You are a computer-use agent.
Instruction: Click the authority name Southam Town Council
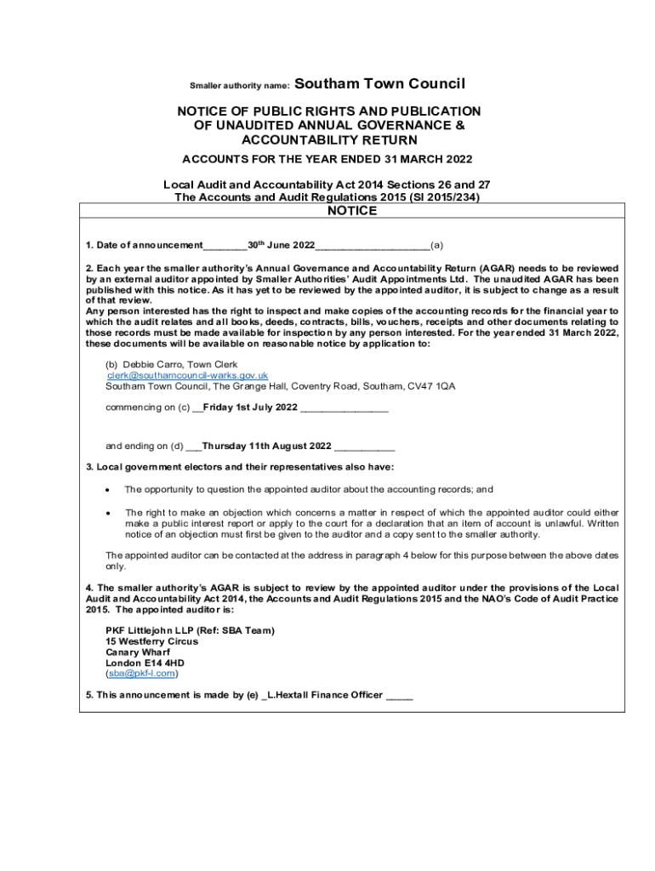(x=379, y=83)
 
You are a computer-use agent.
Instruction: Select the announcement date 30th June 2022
(x=281, y=246)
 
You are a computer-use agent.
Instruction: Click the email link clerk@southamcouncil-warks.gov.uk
(x=187, y=375)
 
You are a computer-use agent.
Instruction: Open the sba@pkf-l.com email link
(x=141, y=674)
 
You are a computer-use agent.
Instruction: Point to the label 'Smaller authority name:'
(x=240, y=85)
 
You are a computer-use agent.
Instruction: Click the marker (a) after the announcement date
(x=436, y=246)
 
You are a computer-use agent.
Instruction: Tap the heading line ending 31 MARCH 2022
(x=327, y=159)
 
